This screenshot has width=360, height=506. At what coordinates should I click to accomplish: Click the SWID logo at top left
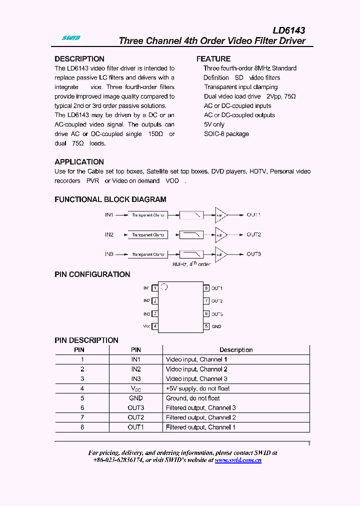pyautogui.click(x=70, y=38)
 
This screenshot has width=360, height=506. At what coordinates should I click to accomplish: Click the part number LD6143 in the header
pyautogui.click(x=288, y=30)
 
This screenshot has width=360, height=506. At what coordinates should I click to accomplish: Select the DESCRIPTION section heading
pyautogui.click(x=79, y=59)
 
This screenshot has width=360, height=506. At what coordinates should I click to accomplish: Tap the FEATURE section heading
pyautogui.click(x=213, y=59)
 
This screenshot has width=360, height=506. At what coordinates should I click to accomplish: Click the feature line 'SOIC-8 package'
pyautogui.click(x=226, y=134)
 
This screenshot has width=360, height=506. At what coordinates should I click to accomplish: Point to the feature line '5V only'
pyautogui.click(x=214, y=124)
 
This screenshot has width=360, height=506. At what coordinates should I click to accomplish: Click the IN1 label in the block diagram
pyautogui.click(x=109, y=215)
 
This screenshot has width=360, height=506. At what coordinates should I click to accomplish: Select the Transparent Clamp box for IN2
pyautogui.click(x=147, y=235)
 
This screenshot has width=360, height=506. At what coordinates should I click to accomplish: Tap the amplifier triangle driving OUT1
pyautogui.click(x=220, y=215)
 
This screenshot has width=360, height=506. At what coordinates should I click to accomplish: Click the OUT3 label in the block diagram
pyautogui.click(x=253, y=254)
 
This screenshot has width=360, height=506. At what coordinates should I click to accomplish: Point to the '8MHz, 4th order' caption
pyautogui.click(x=191, y=263)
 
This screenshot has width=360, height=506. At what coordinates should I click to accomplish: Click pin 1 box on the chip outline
pyautogui.click(x=155, y=288)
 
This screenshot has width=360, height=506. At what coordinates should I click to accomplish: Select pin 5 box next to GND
pyautogui.click(x=206, y=326)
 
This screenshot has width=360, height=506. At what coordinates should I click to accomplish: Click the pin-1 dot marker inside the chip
pyautogui.click(x=165, y=287)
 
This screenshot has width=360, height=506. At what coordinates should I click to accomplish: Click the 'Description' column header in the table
pyautogui.click(x=236, y=350)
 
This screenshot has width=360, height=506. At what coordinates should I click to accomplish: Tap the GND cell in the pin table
pyautogui.click(x=135, y=398)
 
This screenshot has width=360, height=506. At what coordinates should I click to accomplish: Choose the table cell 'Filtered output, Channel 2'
pyautogui.click(x=200, y=417)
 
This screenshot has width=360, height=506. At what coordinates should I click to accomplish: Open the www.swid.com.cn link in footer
pyautogui.click(x=238, y=460)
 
